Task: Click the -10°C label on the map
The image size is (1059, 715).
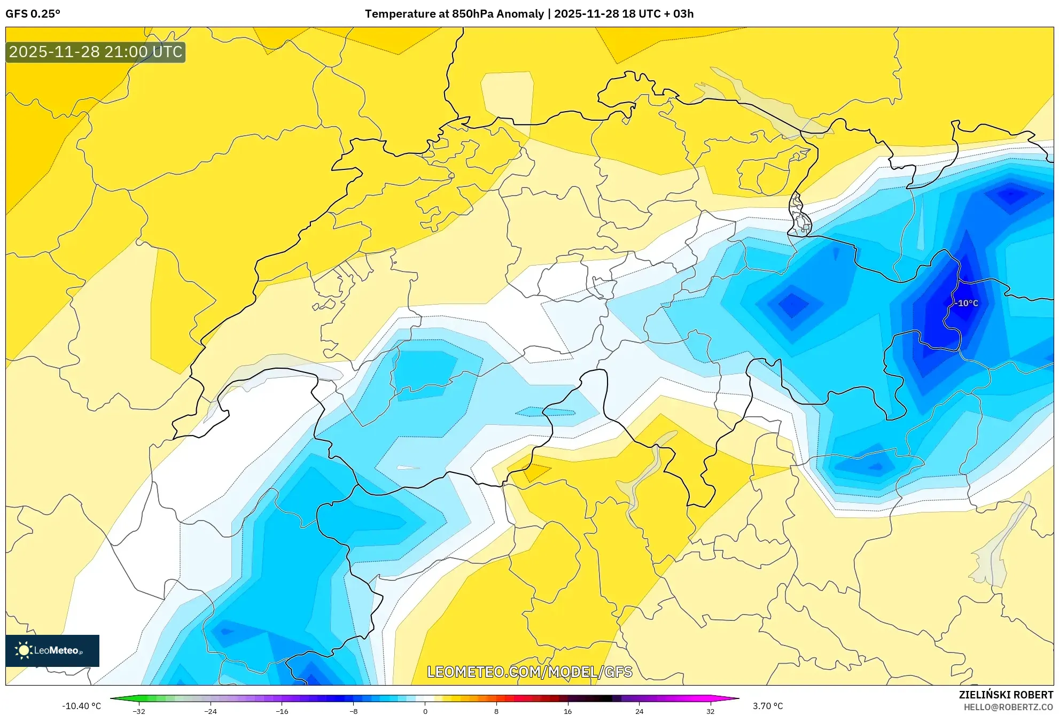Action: point(968,304)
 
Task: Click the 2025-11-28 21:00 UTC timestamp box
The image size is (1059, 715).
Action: point(96,52)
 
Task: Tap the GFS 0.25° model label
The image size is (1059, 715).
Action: point(33,14)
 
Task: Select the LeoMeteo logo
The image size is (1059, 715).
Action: point(52,650)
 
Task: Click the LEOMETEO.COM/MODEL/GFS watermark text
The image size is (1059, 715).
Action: point(529,672)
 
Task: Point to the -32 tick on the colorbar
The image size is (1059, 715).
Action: point(139,711)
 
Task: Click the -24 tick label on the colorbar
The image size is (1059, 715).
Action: point(211,711)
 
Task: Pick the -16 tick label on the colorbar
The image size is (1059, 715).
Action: point(282,711)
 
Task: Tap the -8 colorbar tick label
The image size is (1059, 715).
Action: point(354,711)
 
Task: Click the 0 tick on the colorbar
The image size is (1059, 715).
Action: point(425,711)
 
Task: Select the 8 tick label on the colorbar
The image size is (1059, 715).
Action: point(496,711)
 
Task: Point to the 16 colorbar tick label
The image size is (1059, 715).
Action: point(568,711)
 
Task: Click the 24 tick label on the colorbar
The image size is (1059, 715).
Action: point(640,711)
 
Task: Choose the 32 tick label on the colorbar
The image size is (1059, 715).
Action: point(711,711)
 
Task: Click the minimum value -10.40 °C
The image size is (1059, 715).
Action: point(81,706)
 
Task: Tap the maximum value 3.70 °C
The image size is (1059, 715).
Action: point(768,706)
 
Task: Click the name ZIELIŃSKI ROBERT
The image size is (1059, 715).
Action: point(1006,695)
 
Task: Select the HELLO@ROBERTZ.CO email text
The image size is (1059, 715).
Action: point(1008,707)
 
